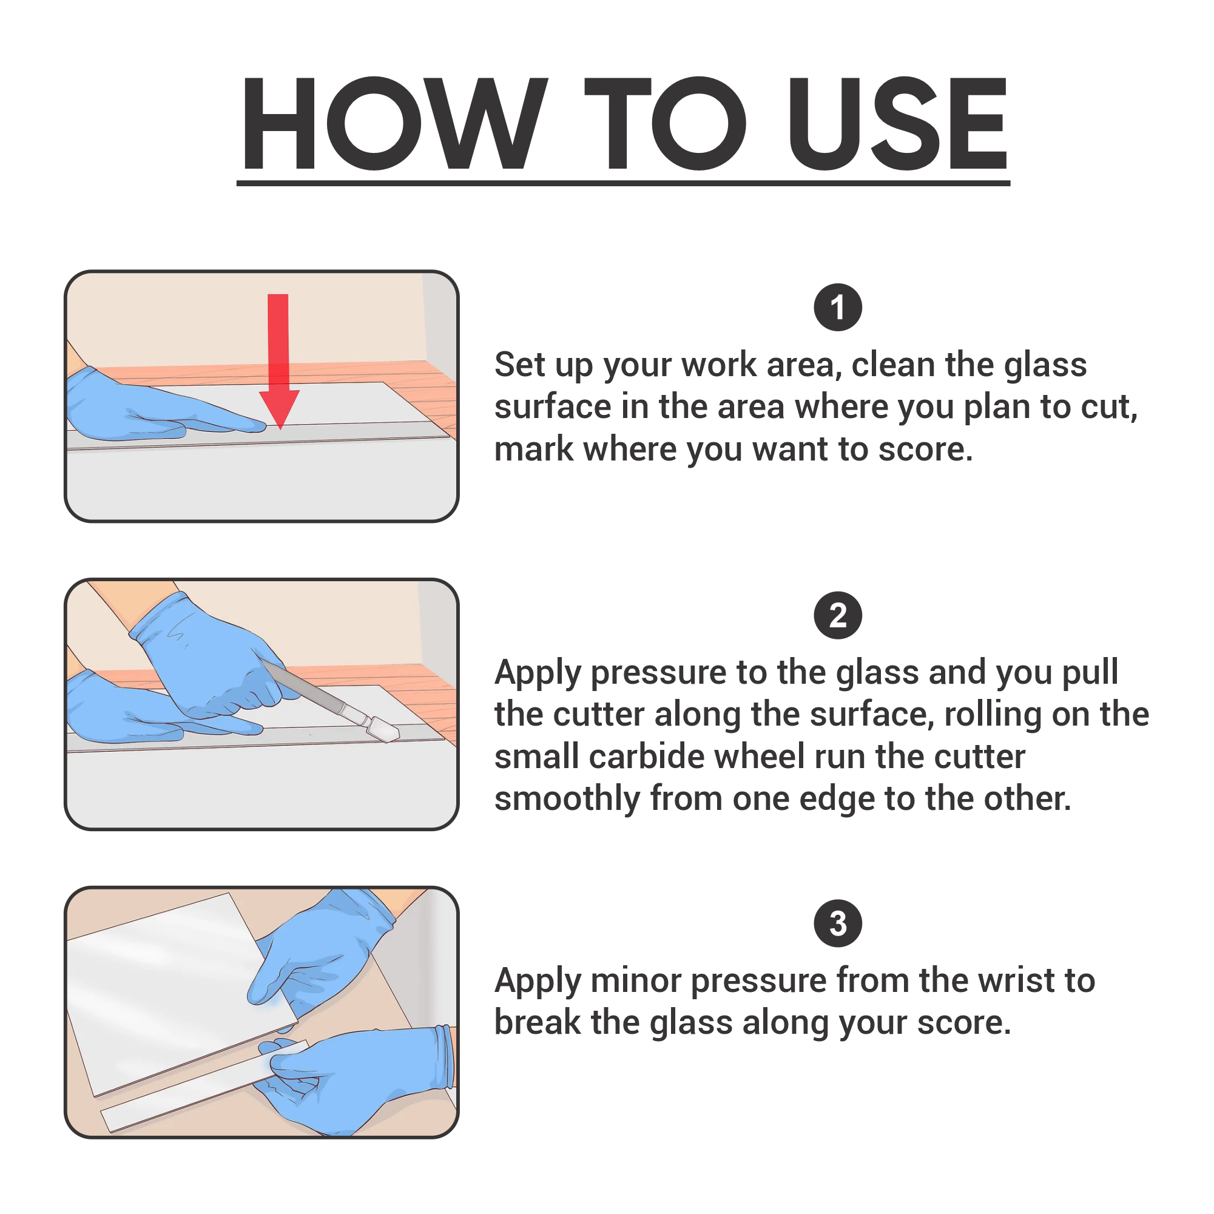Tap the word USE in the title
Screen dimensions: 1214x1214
tap(898, 123)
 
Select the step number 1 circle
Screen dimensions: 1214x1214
tap(838, 307)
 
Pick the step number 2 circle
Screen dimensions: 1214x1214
tap(838, 615)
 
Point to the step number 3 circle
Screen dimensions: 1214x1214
tap(838, 923)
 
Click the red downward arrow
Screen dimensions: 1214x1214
tap(278, 362)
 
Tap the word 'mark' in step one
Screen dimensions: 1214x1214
tap(533, 450)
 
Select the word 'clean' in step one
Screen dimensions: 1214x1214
tap(892, 365)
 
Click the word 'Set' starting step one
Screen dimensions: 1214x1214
tap(520, 365)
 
